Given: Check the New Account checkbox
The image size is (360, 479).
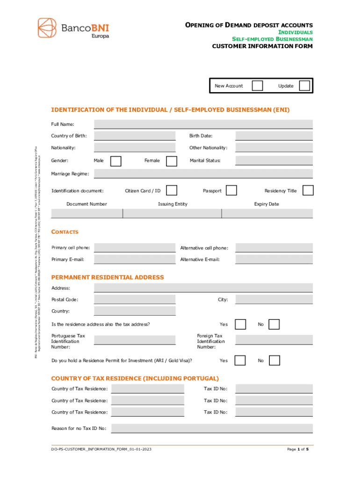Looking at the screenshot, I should pos(257,86).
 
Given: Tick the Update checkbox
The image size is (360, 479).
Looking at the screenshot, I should pos(304,86).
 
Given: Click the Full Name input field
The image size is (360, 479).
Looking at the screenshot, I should pos(203,124).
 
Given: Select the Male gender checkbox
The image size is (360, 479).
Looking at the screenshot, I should pos(115,161).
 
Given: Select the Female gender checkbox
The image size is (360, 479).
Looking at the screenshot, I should pos(172,161).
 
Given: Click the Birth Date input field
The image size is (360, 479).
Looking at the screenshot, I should pos(274,136).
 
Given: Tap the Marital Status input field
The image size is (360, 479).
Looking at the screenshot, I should pos(274,161).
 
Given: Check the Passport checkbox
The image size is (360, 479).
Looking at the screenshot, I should pos(231,190).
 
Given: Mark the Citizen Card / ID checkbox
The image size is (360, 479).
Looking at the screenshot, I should pos(172,190).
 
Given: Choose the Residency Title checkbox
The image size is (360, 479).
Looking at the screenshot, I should pos(308,190).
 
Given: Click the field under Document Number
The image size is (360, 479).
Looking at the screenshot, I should pos(86,213).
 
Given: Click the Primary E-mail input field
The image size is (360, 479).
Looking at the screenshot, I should pos(135,260).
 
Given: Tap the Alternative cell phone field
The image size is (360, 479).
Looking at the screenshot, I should pos(274,248).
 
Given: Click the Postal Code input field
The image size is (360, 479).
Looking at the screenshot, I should pos(135,299).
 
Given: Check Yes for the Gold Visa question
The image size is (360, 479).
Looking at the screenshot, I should pos(240,348).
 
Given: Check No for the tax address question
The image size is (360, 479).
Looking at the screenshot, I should pos(274,324).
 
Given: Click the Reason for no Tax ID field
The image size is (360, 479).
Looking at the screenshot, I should pos(211,428).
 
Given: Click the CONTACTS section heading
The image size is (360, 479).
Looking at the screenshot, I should pos(65,232).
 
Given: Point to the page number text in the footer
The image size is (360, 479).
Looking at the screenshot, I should pos(298,450).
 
